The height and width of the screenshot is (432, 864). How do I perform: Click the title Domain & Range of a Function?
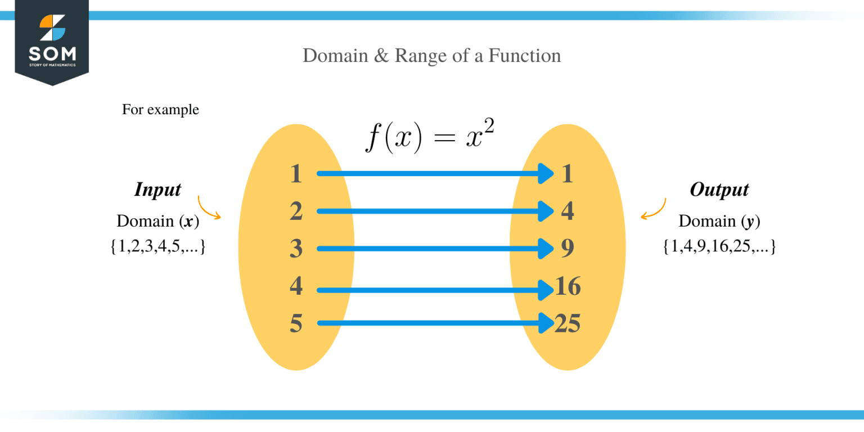(431, 56)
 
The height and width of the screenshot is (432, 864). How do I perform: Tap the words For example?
(160, 109)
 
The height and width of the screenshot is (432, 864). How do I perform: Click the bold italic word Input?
(157, 190)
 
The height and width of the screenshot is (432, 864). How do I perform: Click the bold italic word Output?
(719, 190)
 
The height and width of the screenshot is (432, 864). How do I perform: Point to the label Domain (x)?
(157, 221)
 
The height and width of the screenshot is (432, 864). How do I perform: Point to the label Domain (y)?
(719, 221)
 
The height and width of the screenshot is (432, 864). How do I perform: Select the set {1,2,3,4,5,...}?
(157, 246)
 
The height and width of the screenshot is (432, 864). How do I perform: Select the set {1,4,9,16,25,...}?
(719, 246)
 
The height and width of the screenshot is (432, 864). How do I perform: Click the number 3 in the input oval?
(296, 249)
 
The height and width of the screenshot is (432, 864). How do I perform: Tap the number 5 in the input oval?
(296, 323)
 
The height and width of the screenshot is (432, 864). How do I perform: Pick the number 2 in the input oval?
(296, 211)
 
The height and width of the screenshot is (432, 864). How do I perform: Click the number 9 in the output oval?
(568, 249)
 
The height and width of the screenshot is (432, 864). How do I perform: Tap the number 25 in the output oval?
(568, 323)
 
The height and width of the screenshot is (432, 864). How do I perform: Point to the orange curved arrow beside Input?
(208, 208)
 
